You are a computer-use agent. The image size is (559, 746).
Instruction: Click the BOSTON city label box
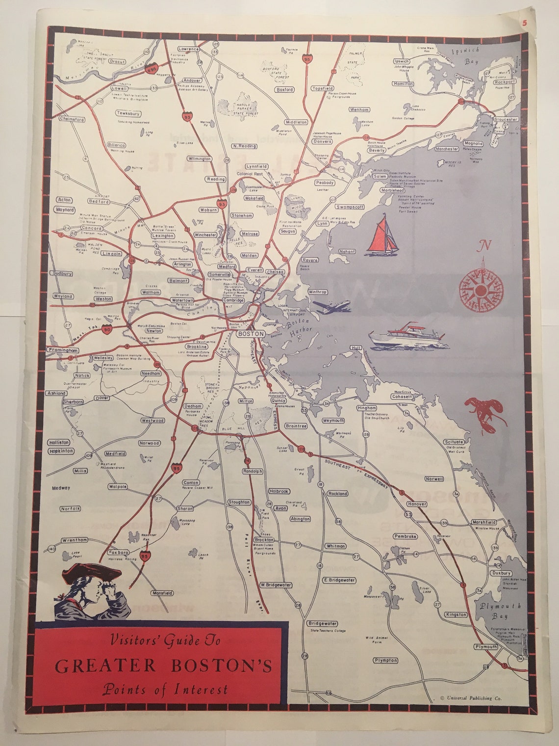(x=251, y=334)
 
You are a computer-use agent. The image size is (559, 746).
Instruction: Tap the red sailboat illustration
(x=383, y=236)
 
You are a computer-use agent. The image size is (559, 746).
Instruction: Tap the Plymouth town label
(x=486, y=646)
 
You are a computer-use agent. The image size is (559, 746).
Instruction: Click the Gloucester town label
(x=505, y=119)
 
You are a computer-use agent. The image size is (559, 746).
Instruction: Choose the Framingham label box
(x=63, y=350)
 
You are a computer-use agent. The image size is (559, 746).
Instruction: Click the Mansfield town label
(x=162, y=593)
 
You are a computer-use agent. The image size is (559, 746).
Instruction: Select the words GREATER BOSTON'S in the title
(x=163, y=666)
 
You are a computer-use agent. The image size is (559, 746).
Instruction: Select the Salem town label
(x=380, y=176)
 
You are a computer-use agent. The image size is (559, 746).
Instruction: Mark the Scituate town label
(x=453, y=442)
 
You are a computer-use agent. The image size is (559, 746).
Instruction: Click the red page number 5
(x=524, y=23)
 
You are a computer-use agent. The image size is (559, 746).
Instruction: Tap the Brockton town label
(x=264, y=540)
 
